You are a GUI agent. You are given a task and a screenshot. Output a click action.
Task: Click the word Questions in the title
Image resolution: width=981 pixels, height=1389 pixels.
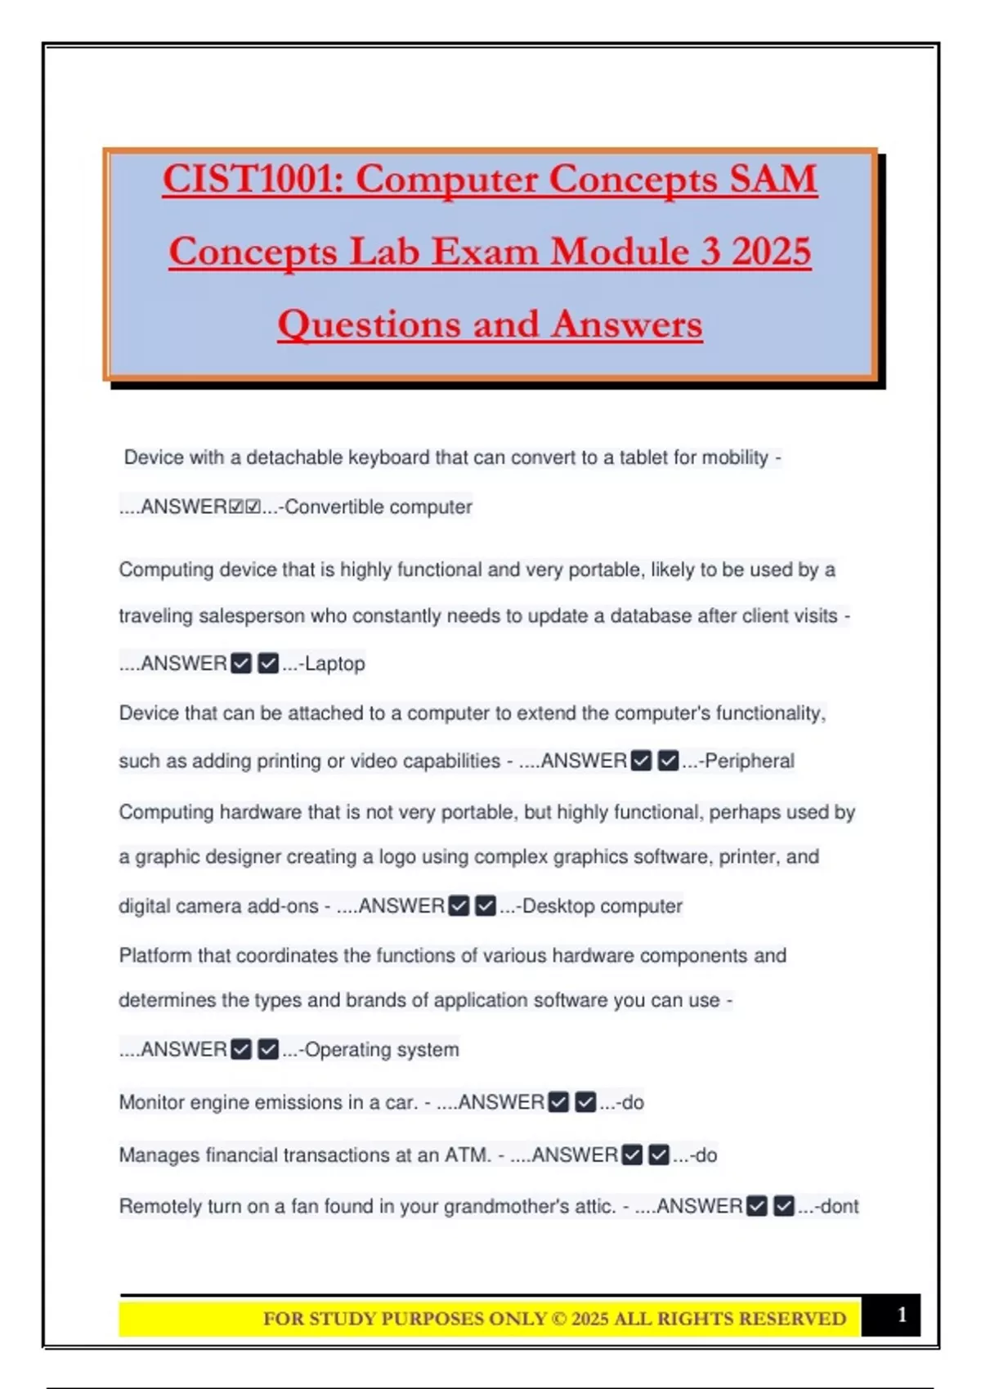(x=370, y=324)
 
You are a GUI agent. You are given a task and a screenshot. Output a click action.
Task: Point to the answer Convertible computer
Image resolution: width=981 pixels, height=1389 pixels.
(x=378, y=507)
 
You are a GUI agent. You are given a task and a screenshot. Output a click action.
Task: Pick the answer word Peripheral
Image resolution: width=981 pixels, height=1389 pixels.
(x=749, y=761)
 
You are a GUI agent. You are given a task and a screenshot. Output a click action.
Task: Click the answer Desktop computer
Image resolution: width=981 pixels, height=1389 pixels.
(x=602, y=906)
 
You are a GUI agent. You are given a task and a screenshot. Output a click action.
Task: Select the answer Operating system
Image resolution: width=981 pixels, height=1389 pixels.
(x=381, y=1049)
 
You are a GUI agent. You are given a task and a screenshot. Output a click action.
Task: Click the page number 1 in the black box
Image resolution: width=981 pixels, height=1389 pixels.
(x=902, y=1315)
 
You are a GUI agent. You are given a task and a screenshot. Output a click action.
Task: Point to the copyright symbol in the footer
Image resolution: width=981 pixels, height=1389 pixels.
(x=559, y=1319)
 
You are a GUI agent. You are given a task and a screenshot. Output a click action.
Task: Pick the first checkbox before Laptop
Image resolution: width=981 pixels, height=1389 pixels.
(x=241, y=663)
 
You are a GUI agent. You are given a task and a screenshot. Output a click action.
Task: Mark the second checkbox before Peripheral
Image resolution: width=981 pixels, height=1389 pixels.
(x=668, y=761)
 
